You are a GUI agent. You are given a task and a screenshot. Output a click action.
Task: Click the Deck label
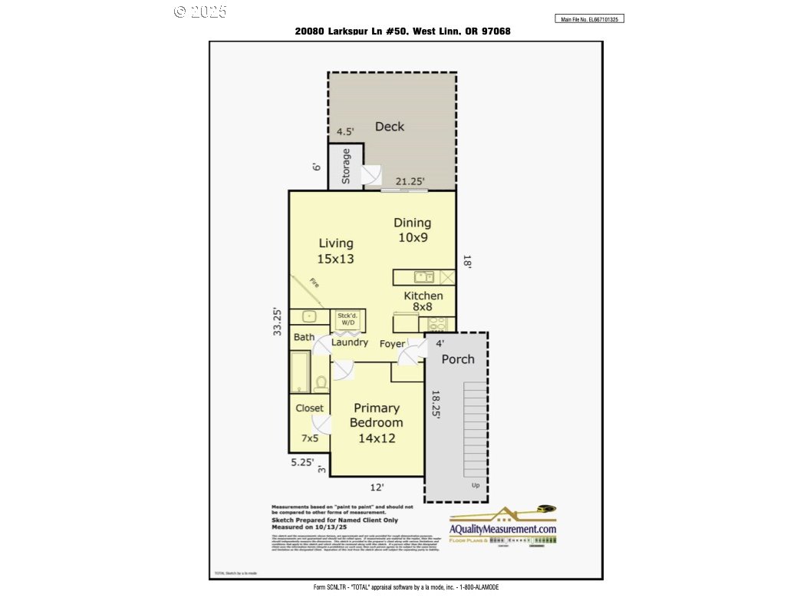pos(390,127)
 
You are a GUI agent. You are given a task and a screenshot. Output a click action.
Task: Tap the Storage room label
pos(346,166)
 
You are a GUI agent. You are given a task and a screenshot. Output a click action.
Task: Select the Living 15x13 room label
pos(336,251)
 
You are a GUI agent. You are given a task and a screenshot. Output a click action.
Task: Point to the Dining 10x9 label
pos(413,230)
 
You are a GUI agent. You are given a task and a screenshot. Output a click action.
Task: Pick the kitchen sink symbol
pos(424,277)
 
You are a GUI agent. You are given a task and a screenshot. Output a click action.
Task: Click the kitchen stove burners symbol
pos(438,324)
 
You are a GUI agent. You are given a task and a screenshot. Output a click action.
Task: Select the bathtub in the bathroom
pos(300,372)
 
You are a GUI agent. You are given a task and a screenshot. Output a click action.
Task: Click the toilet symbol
pos(321,382)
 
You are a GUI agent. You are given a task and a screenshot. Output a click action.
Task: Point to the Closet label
pos(310,408)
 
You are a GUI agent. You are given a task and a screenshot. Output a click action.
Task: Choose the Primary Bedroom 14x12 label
pos(377,423)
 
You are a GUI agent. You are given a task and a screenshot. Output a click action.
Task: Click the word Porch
pos(458,359)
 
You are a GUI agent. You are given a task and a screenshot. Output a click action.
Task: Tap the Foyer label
pos(392,344)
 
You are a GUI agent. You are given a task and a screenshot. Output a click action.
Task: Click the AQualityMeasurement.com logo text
pos(503,529)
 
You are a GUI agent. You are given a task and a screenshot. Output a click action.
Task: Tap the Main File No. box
pos(589,19)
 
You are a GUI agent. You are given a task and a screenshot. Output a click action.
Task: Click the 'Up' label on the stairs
pos(476,485)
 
